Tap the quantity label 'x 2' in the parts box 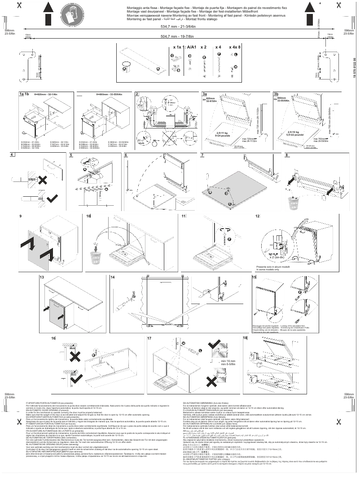[x=203, y=47]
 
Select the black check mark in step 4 [x=50, y=198]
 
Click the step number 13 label [x=42, y=278]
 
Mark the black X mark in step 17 [x=211, y=381]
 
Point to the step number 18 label [x=245, y=338]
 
